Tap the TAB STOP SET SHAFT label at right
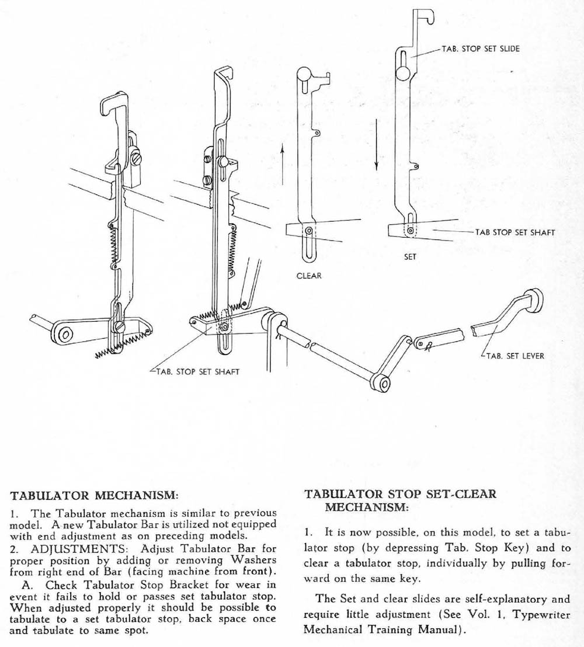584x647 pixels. (515, 232)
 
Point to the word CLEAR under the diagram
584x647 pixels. (309, 276)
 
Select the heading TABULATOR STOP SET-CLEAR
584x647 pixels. (401, 494)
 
